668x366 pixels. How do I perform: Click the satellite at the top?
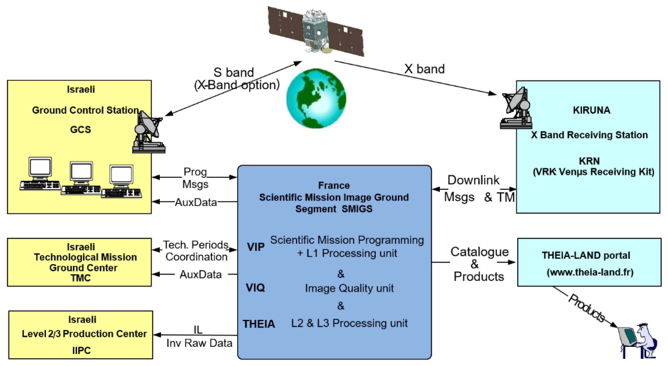tap(316, 31)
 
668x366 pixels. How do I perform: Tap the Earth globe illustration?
tap(316, 98)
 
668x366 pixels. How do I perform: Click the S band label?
tap(233, 72)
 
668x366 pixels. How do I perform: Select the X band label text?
tap(424, 69)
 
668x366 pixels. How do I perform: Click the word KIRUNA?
tap(591, 110)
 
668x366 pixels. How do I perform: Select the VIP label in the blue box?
tap(256, 247)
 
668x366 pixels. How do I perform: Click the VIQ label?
tap(255, 288)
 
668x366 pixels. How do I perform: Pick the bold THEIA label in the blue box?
tap(259, 324)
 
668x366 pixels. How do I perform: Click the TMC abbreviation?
tap(81, 278)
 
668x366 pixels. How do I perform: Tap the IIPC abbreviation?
tap(81, 350)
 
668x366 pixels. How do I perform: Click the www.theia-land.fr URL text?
tap(590, 272)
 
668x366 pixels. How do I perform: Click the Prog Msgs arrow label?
tap(195, 178)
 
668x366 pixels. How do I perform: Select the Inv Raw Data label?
tap(199, 343)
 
